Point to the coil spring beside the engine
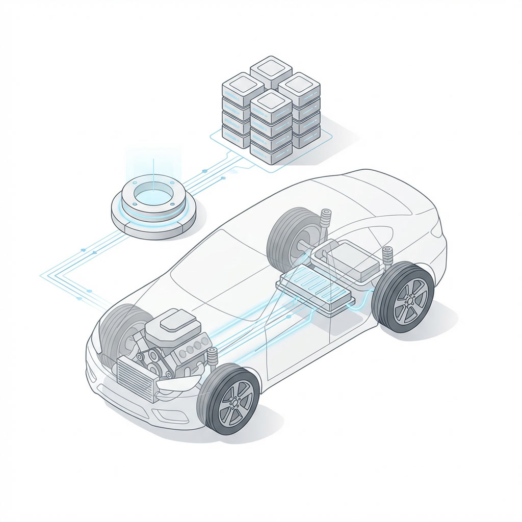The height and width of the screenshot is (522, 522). pos(212,360)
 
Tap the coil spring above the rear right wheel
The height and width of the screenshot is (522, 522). pos(387,257)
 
